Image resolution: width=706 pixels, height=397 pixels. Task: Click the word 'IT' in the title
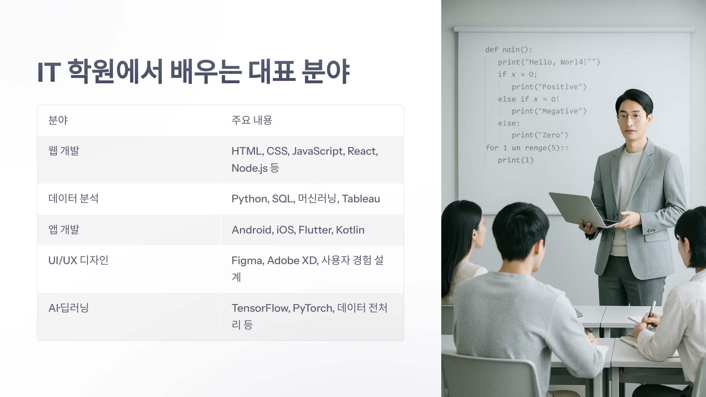(x=49, y=72)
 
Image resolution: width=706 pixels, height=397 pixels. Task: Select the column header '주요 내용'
(x=252, y=120)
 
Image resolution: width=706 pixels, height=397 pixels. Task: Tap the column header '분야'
(x=58, y=120)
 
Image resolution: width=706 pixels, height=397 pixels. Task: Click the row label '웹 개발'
(x=64, y=151)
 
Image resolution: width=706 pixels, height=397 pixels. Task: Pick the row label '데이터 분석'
(x=74, y=199)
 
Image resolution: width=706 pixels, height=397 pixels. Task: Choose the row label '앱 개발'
(x=64, y=230)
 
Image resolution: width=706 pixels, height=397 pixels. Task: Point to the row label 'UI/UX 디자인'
(x=78, y=260)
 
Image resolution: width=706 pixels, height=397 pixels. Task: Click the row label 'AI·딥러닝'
(x=69, y=308)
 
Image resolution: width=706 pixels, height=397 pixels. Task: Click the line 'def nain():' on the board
(x=509, y=50)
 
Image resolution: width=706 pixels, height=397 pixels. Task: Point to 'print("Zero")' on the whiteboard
(x=540, y=135)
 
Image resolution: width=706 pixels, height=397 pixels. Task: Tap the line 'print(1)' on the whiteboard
(x=515, y=160)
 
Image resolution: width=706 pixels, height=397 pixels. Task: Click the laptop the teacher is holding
(x=578, y=210)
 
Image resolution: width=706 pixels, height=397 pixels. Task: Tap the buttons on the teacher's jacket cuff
(x=651, y=230)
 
